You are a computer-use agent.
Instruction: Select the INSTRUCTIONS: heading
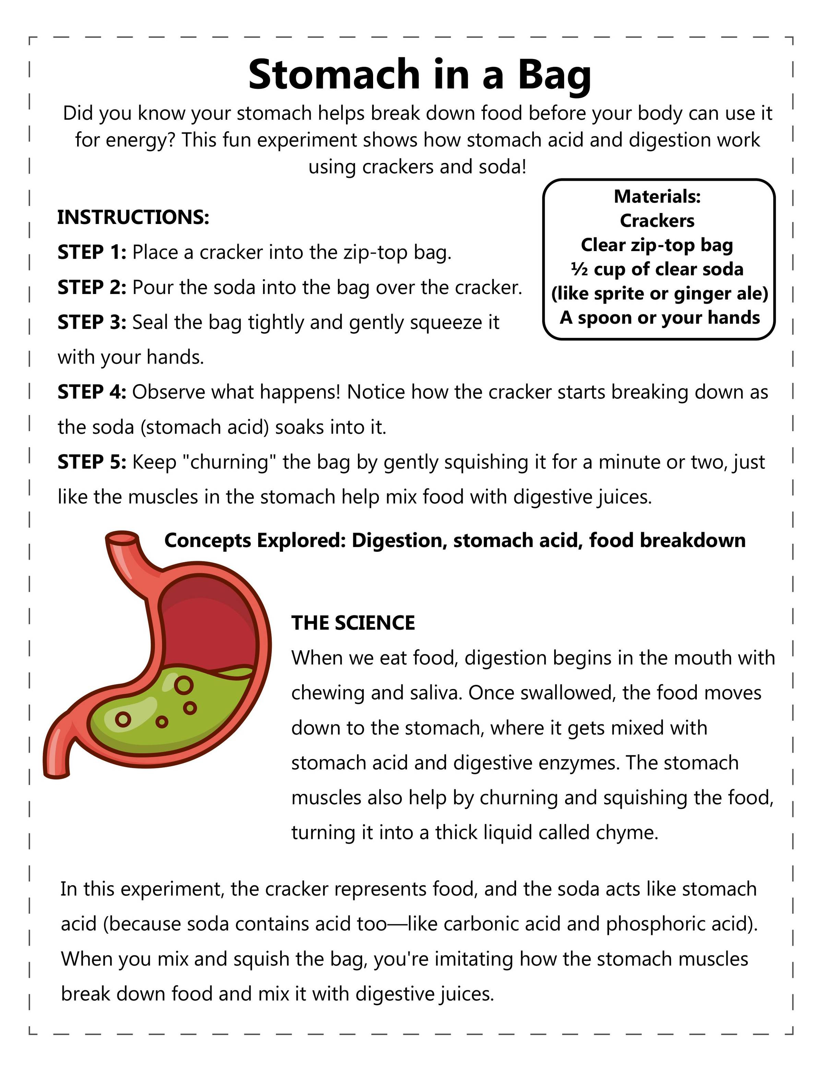133,217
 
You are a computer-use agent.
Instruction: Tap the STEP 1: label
92,252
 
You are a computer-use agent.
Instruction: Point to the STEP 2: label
92,288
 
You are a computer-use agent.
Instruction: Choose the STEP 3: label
92,322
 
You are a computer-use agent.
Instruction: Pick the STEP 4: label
92,392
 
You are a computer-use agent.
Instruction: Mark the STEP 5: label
92,462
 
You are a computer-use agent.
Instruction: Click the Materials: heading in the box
657,197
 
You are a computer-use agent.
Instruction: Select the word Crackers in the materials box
657,221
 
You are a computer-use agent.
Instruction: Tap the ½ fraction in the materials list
579,269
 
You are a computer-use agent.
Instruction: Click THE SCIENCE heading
353,623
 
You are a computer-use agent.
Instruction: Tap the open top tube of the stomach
122,539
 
